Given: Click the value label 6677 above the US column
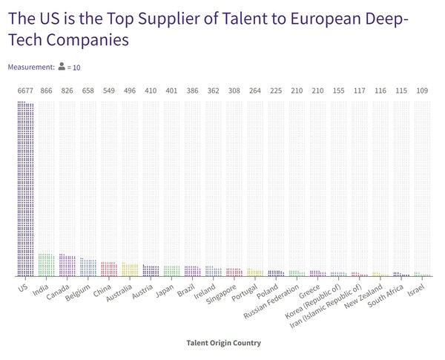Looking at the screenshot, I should coord(25,91).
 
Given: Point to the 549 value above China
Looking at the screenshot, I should coord(109,91).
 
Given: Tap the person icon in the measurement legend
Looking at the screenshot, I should coord(62,67).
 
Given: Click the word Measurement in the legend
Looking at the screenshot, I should coord(30,67).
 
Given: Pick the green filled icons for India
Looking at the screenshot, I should coord(46,265).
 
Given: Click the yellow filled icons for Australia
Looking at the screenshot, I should coord(130,269).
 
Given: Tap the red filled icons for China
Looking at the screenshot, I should coord(109,269).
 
